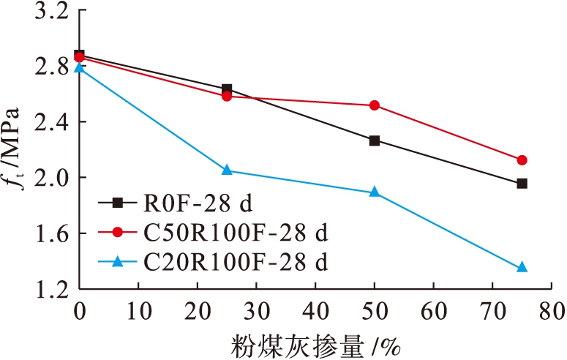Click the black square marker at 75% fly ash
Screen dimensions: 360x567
click(x=522, y=184)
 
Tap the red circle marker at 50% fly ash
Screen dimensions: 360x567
click(x=375, y=105)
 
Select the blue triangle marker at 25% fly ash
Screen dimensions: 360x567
click(x=227, y=170)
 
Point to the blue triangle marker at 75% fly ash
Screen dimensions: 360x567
click(x=522, y=268)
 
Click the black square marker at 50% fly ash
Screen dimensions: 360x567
click(x=375, y=140)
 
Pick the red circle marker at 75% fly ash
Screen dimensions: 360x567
click(x=522, y=160)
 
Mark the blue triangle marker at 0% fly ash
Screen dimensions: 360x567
click(x=79, y=68)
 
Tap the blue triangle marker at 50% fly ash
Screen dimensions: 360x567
click(x=375, y=192)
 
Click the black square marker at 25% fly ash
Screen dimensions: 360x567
click(x=227, y=89)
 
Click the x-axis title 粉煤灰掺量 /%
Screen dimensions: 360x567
click(x=315, y=343)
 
